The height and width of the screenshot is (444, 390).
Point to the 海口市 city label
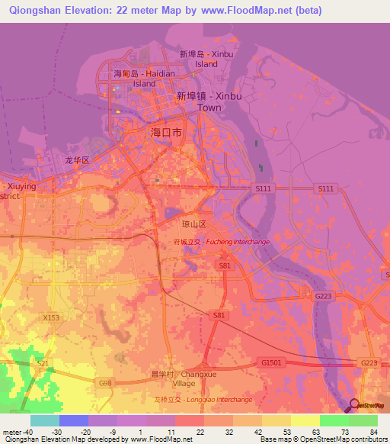pos(166,133)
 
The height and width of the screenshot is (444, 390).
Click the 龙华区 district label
pos(77,161)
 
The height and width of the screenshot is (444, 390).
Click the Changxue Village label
pos(186,378)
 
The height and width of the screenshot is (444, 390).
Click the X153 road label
pos(51,318)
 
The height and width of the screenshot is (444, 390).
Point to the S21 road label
pos(43,363)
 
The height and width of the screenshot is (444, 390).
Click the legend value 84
pos(372,432)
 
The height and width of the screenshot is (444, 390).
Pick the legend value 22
pos(199,432)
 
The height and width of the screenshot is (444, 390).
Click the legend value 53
pos(286,432)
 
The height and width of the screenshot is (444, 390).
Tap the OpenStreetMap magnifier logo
pos(353,407)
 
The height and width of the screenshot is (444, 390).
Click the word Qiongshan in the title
pos(38,11)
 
